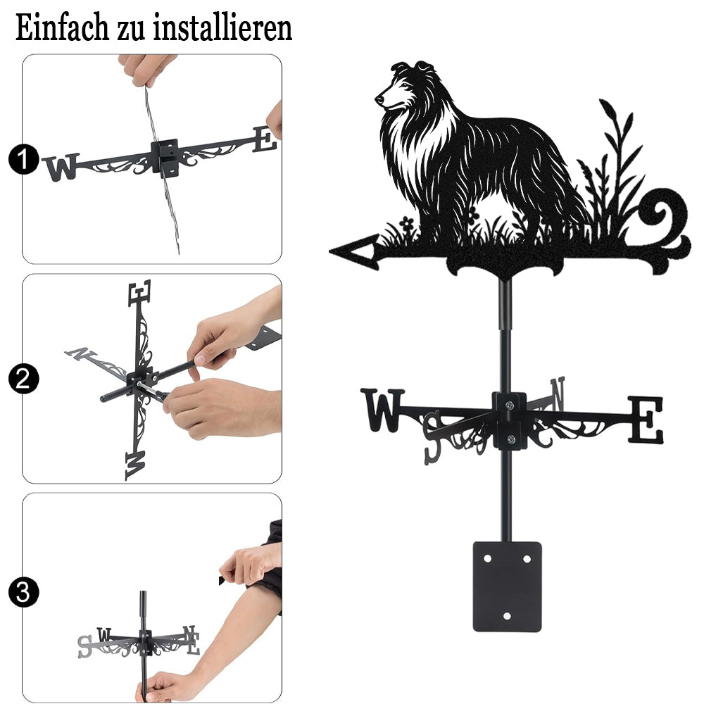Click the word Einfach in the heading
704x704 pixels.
(x=62, y=28)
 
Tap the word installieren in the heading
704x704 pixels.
(x=222, y=28)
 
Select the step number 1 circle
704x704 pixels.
(x=23, y=160)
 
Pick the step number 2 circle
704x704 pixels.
(x=23, y=379)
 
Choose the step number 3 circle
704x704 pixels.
(x=23, y=592)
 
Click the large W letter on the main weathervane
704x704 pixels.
(x=382, y=410)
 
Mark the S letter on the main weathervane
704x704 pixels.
(x=432, y=437)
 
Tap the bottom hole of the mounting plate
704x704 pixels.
(x=507, y=616)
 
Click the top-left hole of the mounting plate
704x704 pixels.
(x=488, y=559)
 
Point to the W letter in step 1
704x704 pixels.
(x=61, y=167)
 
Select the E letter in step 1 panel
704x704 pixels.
(x=265, y=139)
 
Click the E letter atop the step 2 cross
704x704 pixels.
(x=139, y=293)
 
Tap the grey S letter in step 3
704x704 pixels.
(x=84, y=646)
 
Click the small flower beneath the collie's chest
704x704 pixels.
(x=407, y=223)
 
